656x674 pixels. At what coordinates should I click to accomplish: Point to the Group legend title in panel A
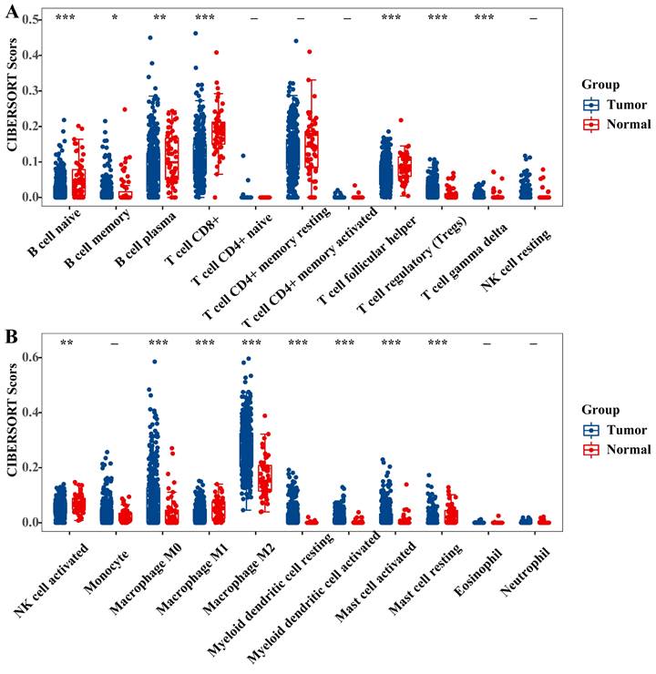pos(602,84)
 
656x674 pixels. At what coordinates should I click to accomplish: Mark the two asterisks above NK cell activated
pos(67,343)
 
